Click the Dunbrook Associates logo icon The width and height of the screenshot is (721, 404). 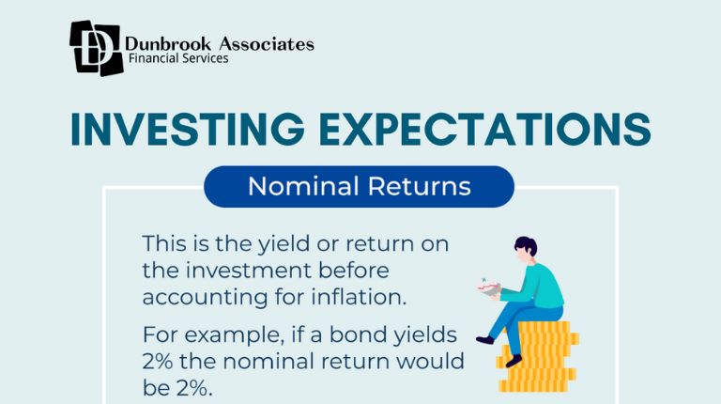pos(96,47)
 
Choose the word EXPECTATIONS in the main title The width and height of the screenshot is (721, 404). pos(479,130)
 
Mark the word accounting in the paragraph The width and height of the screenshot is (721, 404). pos(199,298)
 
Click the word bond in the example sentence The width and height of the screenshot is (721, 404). pos(371,334)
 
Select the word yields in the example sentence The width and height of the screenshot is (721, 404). pos(429,335)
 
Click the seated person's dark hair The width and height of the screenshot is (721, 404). pos(527,248)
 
